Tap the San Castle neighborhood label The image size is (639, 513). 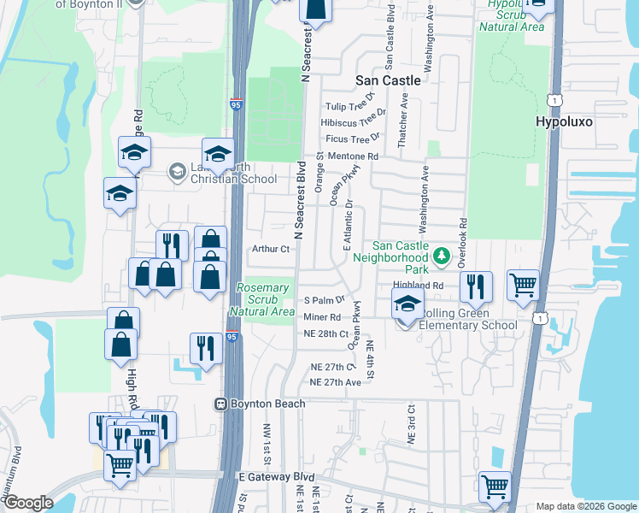click(388, 80)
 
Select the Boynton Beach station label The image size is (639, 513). click(259, 403)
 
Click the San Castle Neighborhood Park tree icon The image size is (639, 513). click(441, 255)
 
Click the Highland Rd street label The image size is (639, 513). click(419, 286)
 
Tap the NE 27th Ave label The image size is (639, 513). click(336, 382)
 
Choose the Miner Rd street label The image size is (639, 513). click(322, 317)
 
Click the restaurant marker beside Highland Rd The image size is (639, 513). click(475, 286)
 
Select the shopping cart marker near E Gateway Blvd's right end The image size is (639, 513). click(495, 486)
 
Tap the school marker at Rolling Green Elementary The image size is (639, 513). click(407, 303)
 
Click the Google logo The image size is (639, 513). click(28, 503)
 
